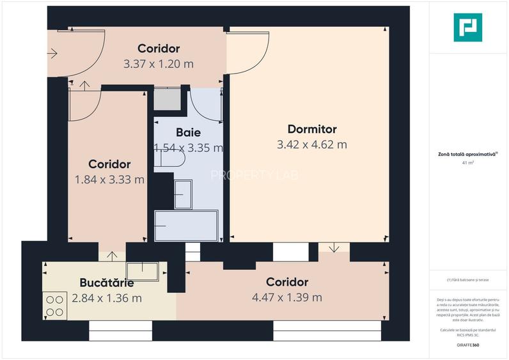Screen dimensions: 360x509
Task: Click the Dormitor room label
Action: pos(311,130)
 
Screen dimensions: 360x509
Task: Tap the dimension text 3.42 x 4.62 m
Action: pos(311,145)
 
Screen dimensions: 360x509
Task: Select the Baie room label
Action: pos(188,133)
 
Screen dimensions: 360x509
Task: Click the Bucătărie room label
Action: pos(107,283)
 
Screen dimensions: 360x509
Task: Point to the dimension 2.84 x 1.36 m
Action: pos(107,298)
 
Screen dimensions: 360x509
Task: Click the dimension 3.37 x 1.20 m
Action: pos(159,64)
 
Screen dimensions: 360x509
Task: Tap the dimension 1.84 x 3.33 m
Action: pos(109,180)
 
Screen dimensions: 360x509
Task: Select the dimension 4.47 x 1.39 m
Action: pos(287,297)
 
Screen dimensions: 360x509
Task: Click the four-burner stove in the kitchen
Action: pos(55,306)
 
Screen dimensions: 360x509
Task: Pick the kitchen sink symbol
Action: pos(142,272)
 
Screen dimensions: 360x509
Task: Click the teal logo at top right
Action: pos(467,27)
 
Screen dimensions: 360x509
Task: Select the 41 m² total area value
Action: pos(467,163)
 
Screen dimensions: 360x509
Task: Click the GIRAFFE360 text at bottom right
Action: pos(467,345)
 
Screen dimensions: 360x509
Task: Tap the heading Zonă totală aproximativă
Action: pos(467,154)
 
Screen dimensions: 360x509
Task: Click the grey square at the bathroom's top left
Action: pos(168,100)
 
